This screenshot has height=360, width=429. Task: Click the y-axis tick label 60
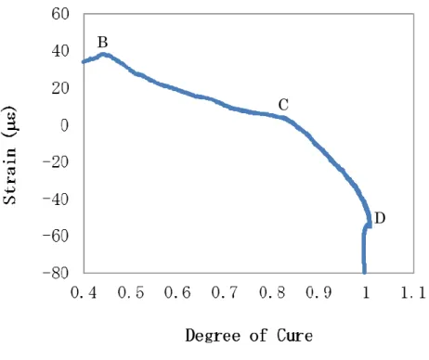tap(60, 14)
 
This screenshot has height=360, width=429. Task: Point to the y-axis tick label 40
tap(60, 51)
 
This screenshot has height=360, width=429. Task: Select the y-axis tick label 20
tap(60, 88)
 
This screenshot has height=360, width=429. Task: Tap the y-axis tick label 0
tap(64, 125)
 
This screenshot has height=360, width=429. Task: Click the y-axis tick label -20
tap(56, 161)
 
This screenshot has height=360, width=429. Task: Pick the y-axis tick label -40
tap(56, 199)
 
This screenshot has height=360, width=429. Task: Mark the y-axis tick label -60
tap(56, 236)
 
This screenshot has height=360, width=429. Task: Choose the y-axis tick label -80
tap(56, 273)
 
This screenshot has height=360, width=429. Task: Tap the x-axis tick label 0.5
tap(131, 292)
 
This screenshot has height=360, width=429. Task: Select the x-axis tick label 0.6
tap(177, 292)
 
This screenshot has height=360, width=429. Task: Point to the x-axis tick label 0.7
tap(225, 292)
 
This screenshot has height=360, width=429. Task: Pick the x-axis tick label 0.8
tap(272, 292)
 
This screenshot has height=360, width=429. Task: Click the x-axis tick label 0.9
tap(318, 292)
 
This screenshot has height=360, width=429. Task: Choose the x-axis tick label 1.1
tap(413, 292)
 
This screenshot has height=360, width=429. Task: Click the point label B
tap(103, 42)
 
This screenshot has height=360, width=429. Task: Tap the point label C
tap(283, 105)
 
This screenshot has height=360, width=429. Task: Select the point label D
tap(380, 218)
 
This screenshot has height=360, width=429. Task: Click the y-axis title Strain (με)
tap(9, 155)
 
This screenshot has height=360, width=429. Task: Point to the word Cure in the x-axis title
tap(294, 336)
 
